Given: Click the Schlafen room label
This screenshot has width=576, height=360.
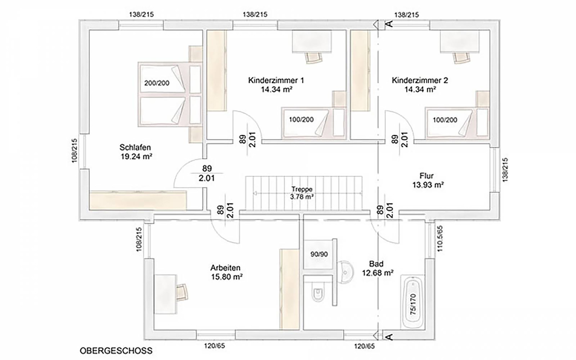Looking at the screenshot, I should [135, 148].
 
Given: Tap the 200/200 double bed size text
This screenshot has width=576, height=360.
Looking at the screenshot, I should [157, 83].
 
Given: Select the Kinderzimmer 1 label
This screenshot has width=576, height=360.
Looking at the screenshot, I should [276, 80].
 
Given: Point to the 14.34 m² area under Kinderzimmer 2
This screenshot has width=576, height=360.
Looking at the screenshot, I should [420, 89].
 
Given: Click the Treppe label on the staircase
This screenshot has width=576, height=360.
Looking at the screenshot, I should [302, 189].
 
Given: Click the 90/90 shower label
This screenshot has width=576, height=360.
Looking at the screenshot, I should [319, 254].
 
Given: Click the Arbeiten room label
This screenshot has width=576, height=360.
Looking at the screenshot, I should [225, 268].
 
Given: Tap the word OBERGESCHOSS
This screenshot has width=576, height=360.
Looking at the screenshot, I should [116, 350].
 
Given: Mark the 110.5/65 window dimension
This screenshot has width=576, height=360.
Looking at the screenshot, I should [440, 239].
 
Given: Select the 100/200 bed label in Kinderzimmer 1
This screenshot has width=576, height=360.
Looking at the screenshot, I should [301, 120].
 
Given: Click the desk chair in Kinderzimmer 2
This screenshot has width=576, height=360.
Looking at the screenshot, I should [461, 57].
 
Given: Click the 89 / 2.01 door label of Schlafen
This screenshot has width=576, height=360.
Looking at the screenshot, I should [207, 173].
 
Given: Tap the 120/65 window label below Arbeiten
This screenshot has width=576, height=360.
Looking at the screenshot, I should [214, 346].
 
